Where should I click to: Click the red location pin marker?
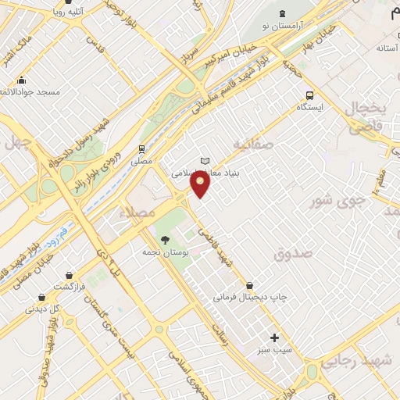(202, 184)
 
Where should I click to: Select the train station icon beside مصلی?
(141, 148)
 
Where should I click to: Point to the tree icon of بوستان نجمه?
(164, 240)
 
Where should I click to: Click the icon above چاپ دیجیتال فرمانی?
(250, 285)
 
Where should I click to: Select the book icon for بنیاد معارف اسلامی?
(205, 161)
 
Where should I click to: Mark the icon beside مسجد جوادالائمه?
(21, 80)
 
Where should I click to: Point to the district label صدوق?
(293, 254)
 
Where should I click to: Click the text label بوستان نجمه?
(164, 252)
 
